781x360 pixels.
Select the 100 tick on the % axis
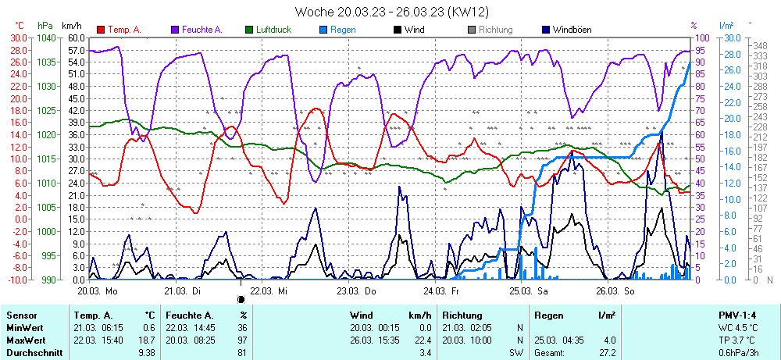(701, 37)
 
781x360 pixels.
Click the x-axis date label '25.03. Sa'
(527, 290)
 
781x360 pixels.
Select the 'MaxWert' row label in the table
(27, 340)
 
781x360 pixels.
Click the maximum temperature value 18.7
(147, 340)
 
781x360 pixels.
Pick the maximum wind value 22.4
(423, 340)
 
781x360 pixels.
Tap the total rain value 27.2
(606, 353)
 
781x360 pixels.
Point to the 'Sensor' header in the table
(22, 315)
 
